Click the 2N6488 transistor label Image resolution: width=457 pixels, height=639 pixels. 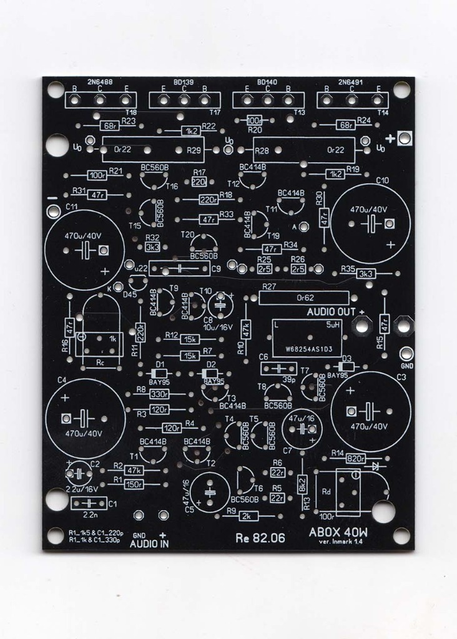pos(100,82)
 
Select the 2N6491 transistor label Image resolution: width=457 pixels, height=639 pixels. pos(353,82)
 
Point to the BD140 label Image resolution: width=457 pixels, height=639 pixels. pos(268,82)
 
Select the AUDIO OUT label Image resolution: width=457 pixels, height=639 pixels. pos(332,311)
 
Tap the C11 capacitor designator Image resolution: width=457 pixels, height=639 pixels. pos(72,206)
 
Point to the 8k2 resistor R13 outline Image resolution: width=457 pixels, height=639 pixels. pos(302,484)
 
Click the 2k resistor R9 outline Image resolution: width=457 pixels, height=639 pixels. pos(249,516)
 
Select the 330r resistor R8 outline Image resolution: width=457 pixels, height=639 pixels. pos(159,394)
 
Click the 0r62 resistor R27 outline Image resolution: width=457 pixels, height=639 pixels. pos(303,298)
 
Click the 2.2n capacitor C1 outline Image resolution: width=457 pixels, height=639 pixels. pos(89,503)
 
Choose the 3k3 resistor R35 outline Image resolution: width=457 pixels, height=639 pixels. pos(365,273)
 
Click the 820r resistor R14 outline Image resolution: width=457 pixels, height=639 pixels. pos(355,459)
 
